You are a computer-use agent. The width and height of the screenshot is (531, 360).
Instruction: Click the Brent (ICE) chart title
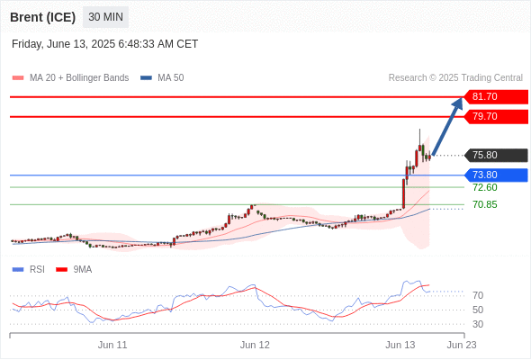point(42,17)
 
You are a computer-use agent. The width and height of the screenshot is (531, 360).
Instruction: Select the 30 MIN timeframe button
point(105,16)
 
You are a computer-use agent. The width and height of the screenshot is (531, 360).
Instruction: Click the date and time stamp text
point(104,44)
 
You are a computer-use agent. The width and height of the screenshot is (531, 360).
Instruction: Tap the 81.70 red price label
point(496,97)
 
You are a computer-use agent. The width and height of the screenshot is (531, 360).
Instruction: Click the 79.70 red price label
point(496,116)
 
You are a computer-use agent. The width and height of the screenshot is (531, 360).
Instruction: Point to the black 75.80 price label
point(496,155)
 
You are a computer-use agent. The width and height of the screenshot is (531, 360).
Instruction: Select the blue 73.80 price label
point(496,175)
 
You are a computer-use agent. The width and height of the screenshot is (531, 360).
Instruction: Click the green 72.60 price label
point(485,187)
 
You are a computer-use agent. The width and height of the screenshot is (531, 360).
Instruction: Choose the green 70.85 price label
point(485,204)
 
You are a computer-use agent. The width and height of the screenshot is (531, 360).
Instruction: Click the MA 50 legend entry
point(162,78)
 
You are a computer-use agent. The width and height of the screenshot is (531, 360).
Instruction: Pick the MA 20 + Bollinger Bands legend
point(70,78)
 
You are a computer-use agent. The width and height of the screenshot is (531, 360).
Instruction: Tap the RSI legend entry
point(29,270)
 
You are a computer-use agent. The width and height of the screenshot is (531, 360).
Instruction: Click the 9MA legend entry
point(74,270)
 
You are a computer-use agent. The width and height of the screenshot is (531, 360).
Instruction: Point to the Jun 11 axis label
point(112,345)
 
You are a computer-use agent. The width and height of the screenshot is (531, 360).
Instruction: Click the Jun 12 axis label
point(255,345)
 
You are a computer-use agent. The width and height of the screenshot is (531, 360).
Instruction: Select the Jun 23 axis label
point(462,345)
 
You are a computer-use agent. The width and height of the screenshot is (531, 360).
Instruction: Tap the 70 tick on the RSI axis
point(478,296)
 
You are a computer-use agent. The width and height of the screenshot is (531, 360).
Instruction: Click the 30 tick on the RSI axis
point(478,324)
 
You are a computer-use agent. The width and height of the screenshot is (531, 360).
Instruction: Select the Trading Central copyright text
point(455,78)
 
